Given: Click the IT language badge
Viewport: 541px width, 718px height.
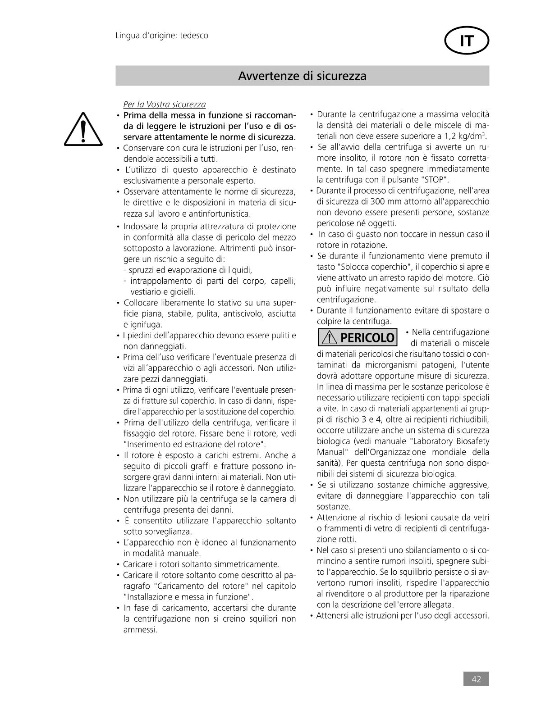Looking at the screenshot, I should coord(467,41).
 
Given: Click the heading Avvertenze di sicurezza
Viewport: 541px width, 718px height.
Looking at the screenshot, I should coord(302,76).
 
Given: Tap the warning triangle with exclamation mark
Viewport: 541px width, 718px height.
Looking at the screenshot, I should coord(82,129).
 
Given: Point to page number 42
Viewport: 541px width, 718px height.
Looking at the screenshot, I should coord(476,679).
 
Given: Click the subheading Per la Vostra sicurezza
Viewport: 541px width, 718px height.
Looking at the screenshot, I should coord(165,105).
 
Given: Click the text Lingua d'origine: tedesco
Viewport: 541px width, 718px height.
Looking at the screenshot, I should coord(162,35).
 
